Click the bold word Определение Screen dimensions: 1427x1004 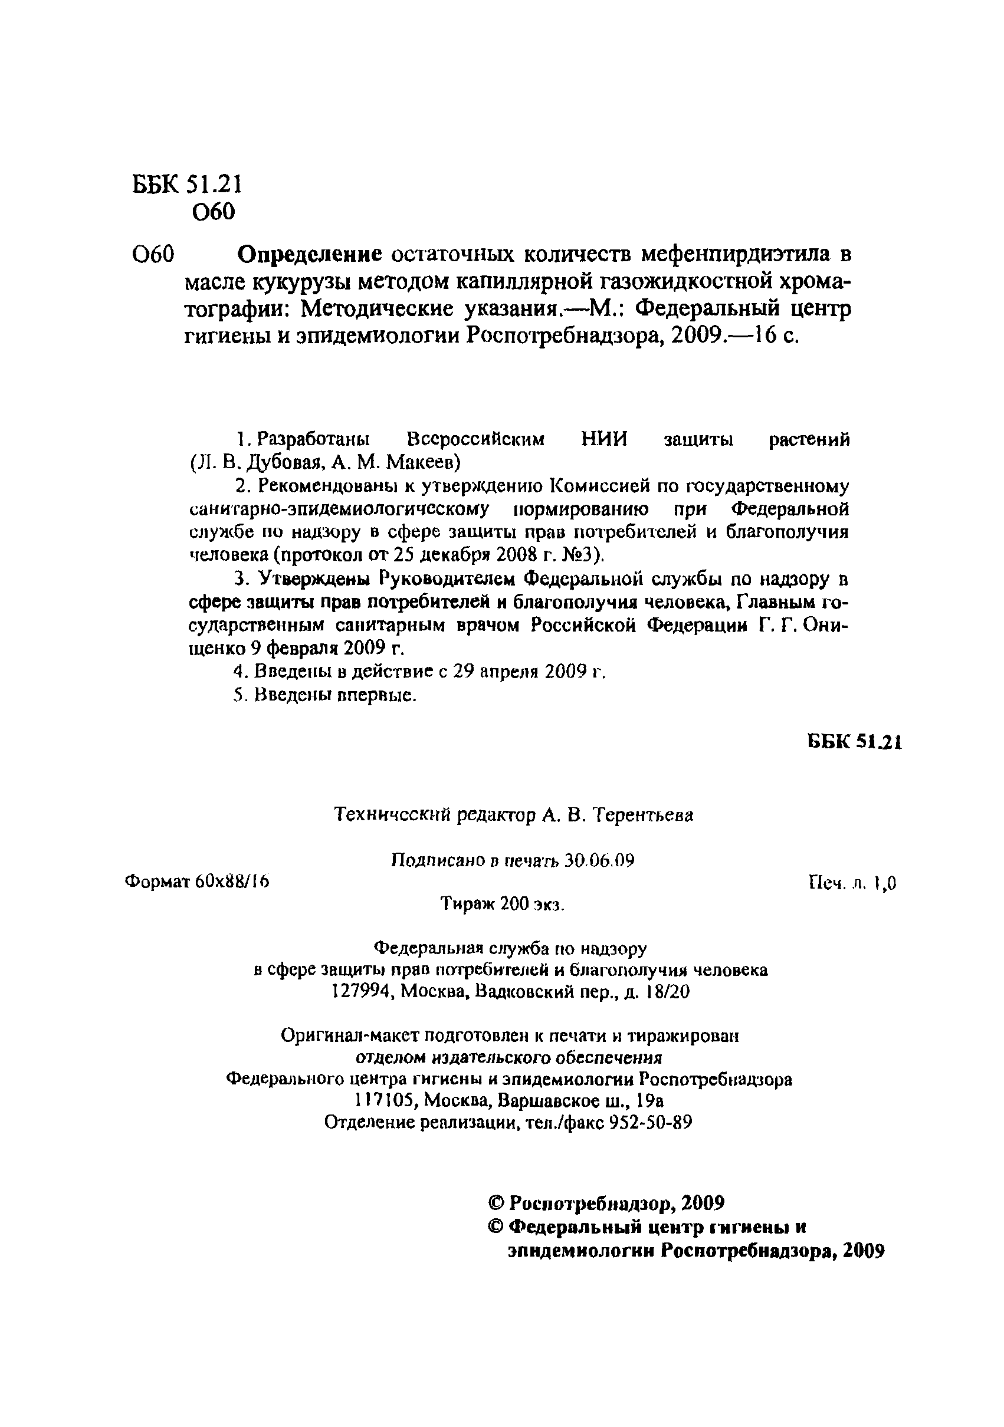310,254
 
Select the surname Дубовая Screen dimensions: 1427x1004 287,462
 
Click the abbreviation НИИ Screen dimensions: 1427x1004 603,439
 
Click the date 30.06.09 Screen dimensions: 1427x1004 599,860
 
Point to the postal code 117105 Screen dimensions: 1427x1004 380,1101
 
